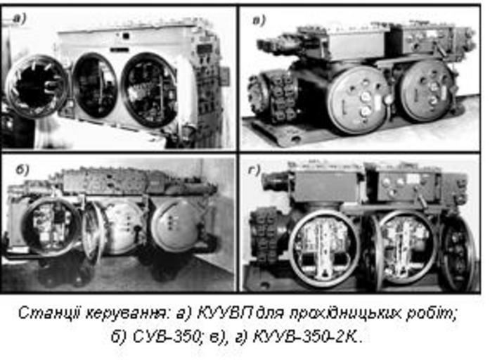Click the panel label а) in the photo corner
pyautogui.click(x=20, y=18)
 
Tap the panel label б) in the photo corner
pyautogui.click(x=22, y=170)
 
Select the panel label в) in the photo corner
pyautogui.click(x=259, y=20)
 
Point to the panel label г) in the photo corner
pyautogui.click(x=254, y=170)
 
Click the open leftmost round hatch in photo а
pyautogui.click(x=37, y=86)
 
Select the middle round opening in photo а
pyautogui.click(x=95, y=86)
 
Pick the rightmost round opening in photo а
pyautogui.click(x=149, y=90)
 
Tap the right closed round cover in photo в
pyautogui.click(x=427, y=91)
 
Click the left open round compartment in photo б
pyautogui.click(x=51, y=226)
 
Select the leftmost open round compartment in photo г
pyautogui.click(x=324, y=247)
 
